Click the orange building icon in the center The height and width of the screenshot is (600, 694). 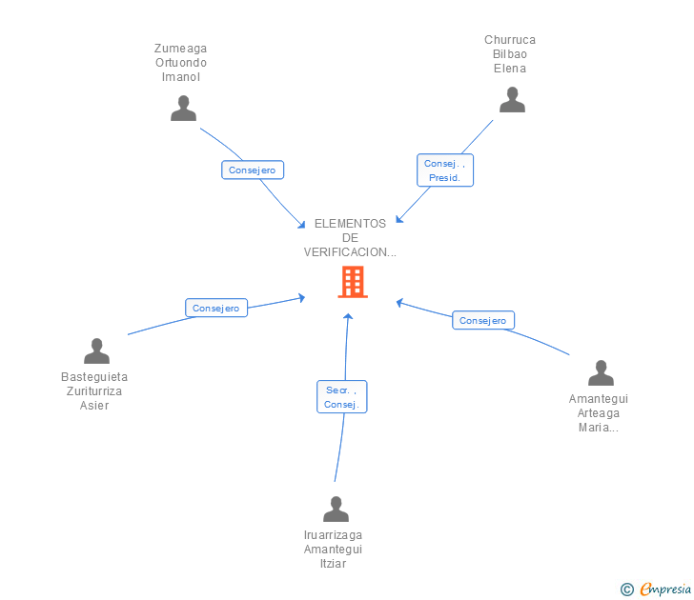point(352,282)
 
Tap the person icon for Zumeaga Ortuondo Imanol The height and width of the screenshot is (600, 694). point(183,109)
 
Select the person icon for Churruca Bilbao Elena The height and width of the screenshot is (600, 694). point(512,100)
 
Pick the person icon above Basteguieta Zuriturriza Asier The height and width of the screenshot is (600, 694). point(96,351)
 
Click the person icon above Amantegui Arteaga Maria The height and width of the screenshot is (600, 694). point(601,373)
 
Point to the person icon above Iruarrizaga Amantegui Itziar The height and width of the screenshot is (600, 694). point(336,510)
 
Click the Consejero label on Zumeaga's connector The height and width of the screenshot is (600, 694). point(253,170)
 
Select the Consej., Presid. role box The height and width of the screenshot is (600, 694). point(445,170)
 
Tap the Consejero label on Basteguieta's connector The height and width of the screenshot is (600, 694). point(215,308)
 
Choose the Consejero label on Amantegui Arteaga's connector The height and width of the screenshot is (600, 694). point(482,320)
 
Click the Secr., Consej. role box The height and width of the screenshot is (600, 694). point(341,397)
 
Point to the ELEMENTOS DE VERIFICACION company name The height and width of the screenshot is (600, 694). point(350,238)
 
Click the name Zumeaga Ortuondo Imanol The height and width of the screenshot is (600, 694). point(181,63)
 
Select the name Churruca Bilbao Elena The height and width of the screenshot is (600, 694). point(510,54)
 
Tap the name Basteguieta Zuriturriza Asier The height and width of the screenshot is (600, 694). point(94,391)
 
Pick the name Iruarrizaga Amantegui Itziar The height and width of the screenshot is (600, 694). point(333,550)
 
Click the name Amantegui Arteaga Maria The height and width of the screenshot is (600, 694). point(599,413)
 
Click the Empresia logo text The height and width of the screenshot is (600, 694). point(665,589)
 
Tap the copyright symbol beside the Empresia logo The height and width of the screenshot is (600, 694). point(627,590)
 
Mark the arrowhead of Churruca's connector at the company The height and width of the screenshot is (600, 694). point(398,222)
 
